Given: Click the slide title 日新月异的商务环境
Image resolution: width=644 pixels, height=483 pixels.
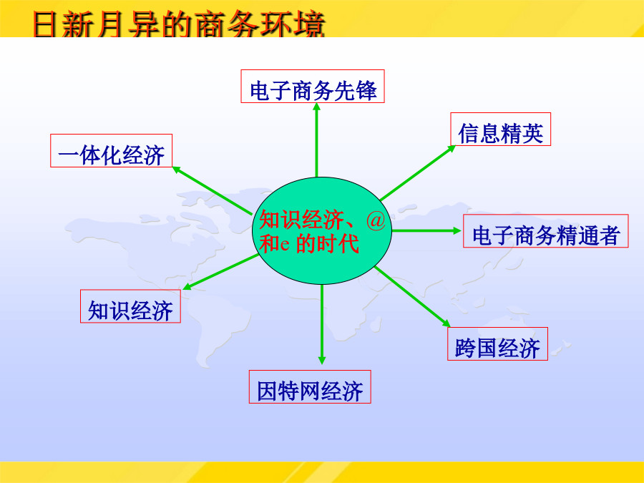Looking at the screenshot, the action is pyautogui.click(x=179, y=24).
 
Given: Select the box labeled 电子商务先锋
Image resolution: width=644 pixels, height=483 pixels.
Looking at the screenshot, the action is pyautogui.click(x=313, y=87).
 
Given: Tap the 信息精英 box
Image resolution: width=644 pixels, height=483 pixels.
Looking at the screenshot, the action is pyautogui.click(x=501, y=129).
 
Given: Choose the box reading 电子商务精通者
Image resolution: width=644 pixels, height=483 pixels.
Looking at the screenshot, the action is pyautogui.click(x=546, y=231).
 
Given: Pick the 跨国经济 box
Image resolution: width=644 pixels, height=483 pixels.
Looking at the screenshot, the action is pyautogui.click(x=498, y=343).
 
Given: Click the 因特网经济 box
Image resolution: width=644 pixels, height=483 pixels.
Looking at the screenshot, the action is pyautogui.click(x=310, y=387).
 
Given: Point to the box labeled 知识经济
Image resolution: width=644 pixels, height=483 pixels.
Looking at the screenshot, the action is pyautogui.click(x=131, y=306).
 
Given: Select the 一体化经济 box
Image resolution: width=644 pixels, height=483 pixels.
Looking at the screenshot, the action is pyautogui.click(x=112, y=151).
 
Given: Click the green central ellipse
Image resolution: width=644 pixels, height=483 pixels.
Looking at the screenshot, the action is pyautogui.click(x=322, y=230).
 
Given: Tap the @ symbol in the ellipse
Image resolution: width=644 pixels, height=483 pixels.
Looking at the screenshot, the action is pyautogui.click(x=376, y=220).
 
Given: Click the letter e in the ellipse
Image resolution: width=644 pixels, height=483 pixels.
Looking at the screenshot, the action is pyautogui.click(x=285, y=245).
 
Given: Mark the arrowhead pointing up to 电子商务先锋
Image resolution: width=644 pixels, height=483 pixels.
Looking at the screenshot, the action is pyautogui.click(x=317, y=107).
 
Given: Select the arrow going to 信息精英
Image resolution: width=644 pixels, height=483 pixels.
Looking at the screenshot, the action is pyautogui.click(x=418, y=173).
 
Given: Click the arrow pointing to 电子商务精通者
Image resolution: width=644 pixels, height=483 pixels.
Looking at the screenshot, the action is pyautogui.click(x=426, y=231).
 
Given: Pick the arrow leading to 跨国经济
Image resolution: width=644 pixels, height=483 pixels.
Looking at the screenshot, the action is pyautogui.click(x=413, y=296).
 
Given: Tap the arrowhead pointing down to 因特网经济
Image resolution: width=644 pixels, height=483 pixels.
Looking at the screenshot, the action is pyautogui.click(x=322, y=360).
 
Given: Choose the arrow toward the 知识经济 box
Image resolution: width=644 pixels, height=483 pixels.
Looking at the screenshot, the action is pyautogui.click(x=220, y=272).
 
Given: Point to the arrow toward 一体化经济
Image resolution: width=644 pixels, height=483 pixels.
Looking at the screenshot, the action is pyautogui.click(x=213, y=190).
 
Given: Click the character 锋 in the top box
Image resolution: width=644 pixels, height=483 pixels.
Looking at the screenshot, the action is pyautogui.click(x=366, y=90).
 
